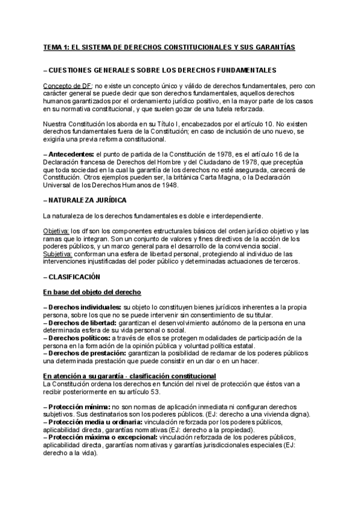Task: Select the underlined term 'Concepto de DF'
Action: click(67, 86)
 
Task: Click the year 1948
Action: click(178, 185)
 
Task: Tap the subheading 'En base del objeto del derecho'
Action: click(92, 292)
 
